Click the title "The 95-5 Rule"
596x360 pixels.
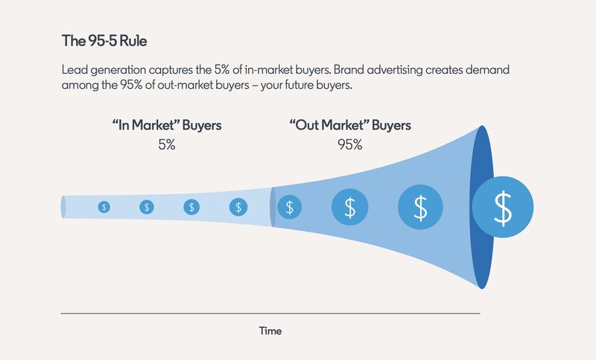104,41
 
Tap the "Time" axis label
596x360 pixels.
270,331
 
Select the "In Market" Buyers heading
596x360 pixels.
167,125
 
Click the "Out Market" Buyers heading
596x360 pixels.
350,125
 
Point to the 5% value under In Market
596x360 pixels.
167,145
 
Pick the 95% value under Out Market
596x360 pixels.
349,145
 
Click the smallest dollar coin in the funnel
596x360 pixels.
104,207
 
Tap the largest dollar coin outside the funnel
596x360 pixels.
502,206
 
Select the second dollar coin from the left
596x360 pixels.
147,207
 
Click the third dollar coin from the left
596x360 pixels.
191,207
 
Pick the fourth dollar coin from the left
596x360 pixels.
238,207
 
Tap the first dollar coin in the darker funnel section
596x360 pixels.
290,207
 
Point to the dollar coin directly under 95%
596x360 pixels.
349,207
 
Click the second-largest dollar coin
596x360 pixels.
420,207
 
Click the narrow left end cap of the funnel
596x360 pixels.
63,207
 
